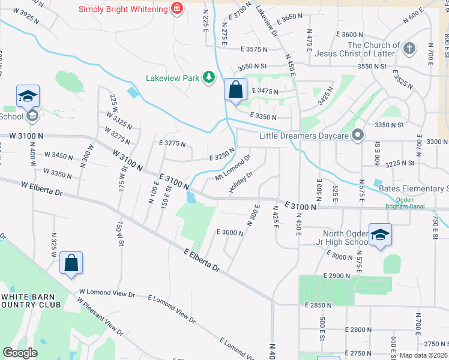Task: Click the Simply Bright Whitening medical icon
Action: click(x=176, y=8)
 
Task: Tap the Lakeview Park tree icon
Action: click(x=208, y=77)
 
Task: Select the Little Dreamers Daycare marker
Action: click(x=358, y=136)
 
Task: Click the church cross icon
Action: click(x=409, y=49)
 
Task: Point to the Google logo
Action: click(x=20, y=353)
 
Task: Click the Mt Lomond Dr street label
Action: click(x=232, y=169)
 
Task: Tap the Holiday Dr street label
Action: click(x=241, y=182)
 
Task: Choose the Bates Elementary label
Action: click(x=414, y=188)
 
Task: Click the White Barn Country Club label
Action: click(x=31, y=300)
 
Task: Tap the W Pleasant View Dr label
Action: click(x=100, y=315)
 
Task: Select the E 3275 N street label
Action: click(x=172, y=144)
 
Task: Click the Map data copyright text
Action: click(x=423, y=355)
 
